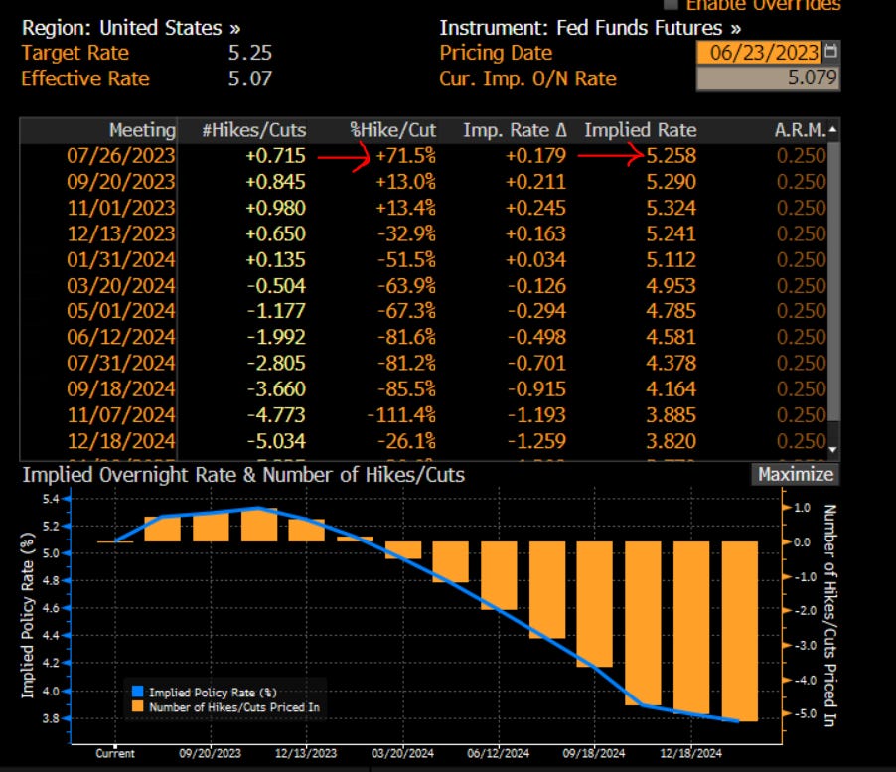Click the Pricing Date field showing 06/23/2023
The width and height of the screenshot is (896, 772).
pos(759,53)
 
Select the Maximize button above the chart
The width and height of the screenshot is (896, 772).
pos(795,474)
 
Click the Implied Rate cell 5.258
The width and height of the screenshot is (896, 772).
pos(668,156)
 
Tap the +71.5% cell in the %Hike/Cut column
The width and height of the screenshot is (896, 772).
pos(404,156)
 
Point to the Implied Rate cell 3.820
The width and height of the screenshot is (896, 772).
pos(668,440)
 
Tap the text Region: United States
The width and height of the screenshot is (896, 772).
pos(130,28)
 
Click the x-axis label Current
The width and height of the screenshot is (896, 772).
pos(115,753)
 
